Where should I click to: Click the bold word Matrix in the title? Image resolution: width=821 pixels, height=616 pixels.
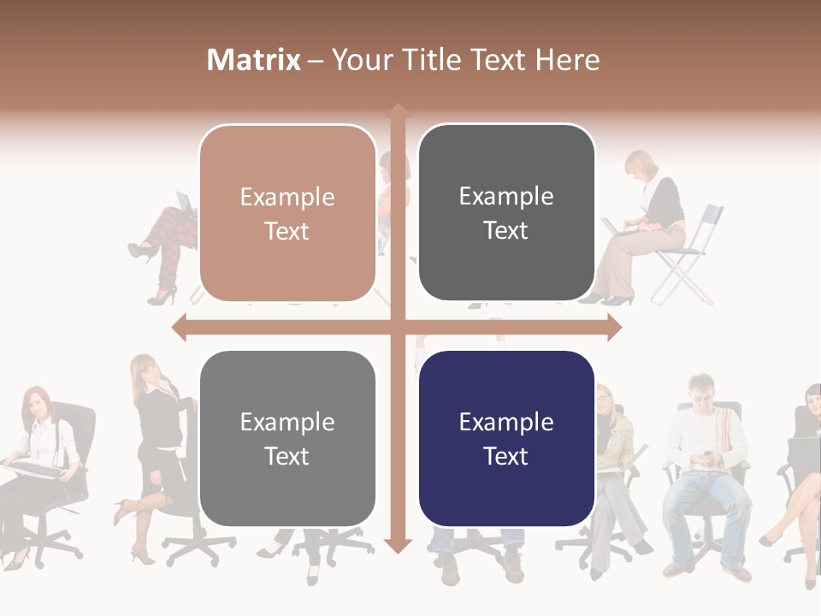254,60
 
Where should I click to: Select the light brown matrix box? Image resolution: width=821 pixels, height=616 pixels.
287,213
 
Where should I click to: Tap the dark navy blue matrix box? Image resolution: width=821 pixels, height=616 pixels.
506,438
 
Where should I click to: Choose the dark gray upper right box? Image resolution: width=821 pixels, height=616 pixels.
506,212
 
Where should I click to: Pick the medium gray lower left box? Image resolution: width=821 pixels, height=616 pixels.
287,438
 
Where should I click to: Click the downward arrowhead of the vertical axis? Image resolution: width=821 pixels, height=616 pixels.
397,545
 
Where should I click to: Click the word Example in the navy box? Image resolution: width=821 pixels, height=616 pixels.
506,422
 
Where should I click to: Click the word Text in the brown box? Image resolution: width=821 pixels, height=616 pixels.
287,231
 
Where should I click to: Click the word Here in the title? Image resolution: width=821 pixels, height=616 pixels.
568,60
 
